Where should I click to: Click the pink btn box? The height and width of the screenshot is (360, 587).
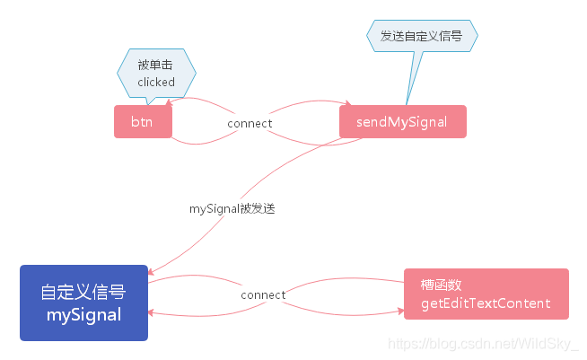pos(143,122)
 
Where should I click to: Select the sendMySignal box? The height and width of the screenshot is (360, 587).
pos(403,122)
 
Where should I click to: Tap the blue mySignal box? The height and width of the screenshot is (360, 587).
pos(83,303)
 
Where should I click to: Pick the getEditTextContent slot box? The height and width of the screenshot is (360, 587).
pos(486,294)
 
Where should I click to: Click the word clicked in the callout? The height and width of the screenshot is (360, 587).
pos(156,82)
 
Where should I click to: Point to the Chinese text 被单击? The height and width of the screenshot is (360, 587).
pos(155,65)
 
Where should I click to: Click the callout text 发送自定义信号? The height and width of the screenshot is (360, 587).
pos(422,36)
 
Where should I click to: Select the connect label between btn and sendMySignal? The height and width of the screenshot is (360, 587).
pos(250,123)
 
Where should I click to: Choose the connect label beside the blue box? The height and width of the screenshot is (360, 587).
pos(263,294)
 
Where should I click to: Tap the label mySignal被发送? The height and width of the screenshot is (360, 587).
pos(232,208)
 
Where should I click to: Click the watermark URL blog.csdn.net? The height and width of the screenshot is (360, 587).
pos(483,344)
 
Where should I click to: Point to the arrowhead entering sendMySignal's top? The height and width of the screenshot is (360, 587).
pos(348,103)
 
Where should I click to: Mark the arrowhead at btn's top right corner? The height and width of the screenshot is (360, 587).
pos(169,102)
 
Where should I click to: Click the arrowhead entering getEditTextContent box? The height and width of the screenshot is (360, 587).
pos(401,311)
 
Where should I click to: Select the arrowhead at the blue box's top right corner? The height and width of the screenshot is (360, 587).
pos(151,272)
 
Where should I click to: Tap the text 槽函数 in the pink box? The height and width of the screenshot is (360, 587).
pos(441,285)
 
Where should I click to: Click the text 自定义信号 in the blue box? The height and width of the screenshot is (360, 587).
pos(83,292)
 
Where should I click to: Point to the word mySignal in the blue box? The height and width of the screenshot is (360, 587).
pos(83,315)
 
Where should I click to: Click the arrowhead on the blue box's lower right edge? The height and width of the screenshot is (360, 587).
pos(152,312)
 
